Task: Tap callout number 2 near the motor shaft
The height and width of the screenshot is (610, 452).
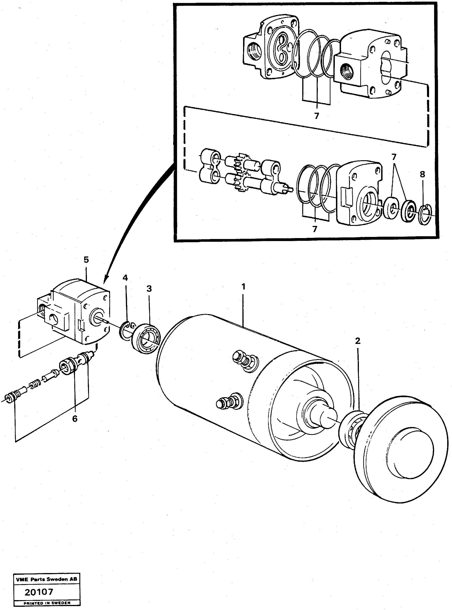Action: click(357, 341)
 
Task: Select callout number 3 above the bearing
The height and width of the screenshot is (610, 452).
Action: click(149, 289)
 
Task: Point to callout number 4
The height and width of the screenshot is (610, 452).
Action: click(125, 278)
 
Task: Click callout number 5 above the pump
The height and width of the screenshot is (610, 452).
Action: click(86, 260)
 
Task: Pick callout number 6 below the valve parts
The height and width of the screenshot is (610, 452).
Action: click(75, 419)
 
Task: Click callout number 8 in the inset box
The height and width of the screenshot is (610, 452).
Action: click(422, 174)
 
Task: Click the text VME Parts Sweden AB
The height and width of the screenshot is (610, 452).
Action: click(47, 579)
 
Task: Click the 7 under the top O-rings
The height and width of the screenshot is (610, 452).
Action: click(316, 116)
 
